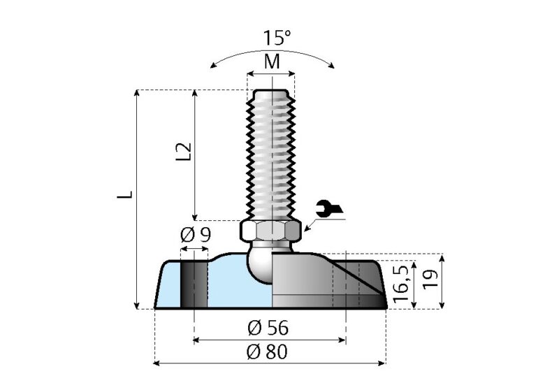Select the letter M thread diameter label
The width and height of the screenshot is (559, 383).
click(272, 62)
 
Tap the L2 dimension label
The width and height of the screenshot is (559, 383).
click(182, 152)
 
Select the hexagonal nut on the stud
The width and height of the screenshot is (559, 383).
click(271, 229)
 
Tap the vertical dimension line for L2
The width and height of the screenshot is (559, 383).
click(196, 154)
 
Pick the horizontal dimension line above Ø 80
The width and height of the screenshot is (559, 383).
click(269, 363)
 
